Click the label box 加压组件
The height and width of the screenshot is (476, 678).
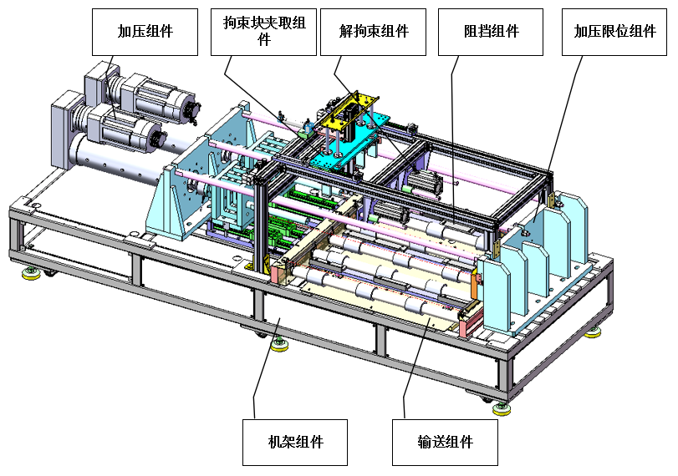pyautogui.click(x=145, y=32)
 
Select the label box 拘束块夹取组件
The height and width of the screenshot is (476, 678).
pyautogui.click(x=263, y=32)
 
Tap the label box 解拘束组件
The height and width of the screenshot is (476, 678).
pyautogui.click(x=373, y=32)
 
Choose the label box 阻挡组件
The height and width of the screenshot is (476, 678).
pyautogui.click(x=491, y=32)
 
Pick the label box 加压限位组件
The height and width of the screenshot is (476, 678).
pyautogui.click(x=614, y=32)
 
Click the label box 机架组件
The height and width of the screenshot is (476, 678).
pyautogui.click(x=295, y=443)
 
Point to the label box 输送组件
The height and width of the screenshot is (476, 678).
pyautogui.click(x=445, y=443)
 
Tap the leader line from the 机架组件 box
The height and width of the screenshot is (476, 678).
pyautogui.click(x=265, y=368)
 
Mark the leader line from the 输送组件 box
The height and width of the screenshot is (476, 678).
pyautogui.click(x=413, y=367)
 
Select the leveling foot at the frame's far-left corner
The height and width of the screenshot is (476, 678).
pyautogui.click(x=31, y=273)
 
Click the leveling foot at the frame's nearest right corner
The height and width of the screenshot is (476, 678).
pyautogui.click(x=502, y=408)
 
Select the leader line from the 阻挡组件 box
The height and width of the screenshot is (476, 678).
pyautogui.click(x=453, y=139)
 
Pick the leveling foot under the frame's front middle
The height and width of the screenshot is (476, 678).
pyautogui.click(x=279, y=345)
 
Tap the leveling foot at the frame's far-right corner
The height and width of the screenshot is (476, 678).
pyautogui.click(x=594, y=332)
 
